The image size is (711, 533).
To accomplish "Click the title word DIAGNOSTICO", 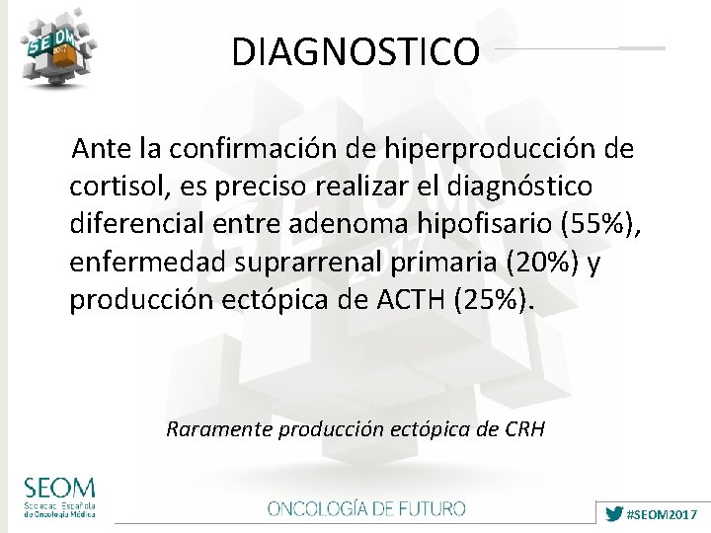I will tap(355, 51).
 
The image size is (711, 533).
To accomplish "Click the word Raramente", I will tap(220, 429).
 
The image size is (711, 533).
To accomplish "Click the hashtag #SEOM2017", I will tap(663, 515).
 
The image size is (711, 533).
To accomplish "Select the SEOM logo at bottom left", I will tap(60, 497).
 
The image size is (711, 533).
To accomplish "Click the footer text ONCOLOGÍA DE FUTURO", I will tap(366, 509).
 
